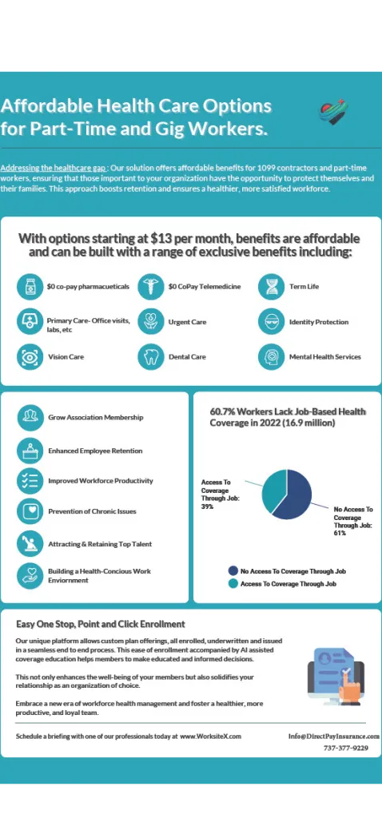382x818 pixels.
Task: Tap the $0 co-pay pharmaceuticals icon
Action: click(x=30, y=286)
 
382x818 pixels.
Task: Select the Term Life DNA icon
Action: click(x=272, y=286)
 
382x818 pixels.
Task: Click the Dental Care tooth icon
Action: click(x=150, y=357)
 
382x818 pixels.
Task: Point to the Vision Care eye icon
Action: click(x=30, y=357)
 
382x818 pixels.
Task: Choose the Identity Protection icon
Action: click(x=272, y=322)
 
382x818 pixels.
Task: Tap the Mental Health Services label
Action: click(x=324, y=357)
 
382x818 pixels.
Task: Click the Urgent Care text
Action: click(x=187, y=322)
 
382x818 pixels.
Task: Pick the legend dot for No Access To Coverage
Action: click(x=233, y=571)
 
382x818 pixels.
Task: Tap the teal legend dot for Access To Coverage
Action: click(x=233, y=584)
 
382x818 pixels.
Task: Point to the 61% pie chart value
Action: click(x=340, y=533)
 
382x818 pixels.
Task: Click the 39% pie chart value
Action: click(x=207, y=506)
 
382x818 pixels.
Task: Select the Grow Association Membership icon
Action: click(x=30, y=417)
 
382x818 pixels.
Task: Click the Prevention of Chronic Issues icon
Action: click(x=30, y=511)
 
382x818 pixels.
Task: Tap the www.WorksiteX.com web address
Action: click(x=210, y=737)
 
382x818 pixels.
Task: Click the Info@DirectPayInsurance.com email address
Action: click(x=333, y=737)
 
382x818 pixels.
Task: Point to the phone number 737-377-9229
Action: click(x=346, y=749)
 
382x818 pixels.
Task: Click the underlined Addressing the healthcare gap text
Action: click(x=53, y=169)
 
